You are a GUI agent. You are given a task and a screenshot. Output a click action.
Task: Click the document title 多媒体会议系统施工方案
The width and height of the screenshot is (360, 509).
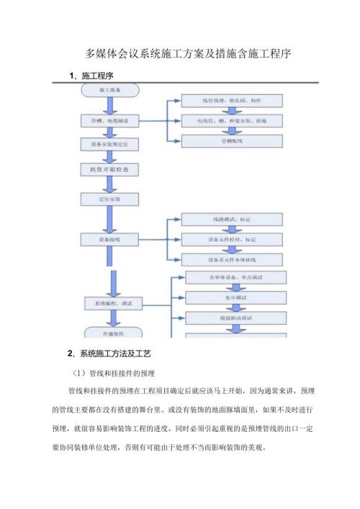186,53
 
